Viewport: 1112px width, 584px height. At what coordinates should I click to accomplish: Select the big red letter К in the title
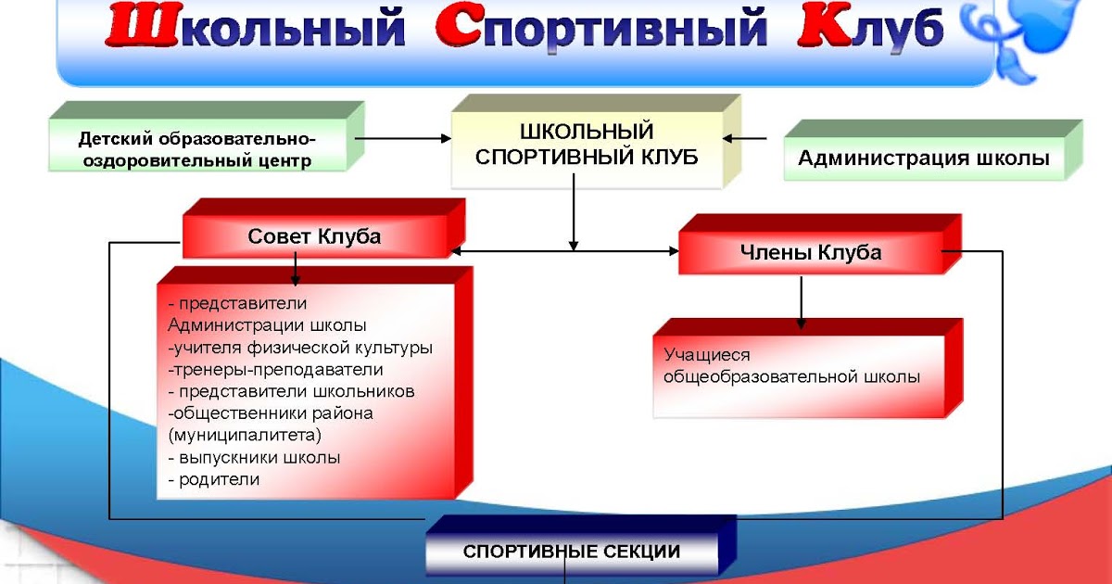(825, 26)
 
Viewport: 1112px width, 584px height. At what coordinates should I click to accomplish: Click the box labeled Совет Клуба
(323, 228)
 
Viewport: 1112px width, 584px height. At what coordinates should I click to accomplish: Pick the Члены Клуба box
(820, 245)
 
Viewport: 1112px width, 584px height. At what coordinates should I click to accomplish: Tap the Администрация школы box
(933, 150)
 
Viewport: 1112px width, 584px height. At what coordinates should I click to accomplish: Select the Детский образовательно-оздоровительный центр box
(206, 136)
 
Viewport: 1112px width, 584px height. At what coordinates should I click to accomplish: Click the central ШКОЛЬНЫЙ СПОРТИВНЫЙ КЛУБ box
(596, 142)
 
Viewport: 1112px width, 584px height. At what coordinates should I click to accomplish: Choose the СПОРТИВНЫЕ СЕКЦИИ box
(581, 545)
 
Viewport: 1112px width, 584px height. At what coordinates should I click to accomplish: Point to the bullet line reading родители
(214, 480)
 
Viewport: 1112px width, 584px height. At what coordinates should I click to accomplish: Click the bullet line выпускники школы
(254, 457)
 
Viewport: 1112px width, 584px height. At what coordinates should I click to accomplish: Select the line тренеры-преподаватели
(275, 370)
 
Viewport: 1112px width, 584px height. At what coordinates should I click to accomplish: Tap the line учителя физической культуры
(300, 348)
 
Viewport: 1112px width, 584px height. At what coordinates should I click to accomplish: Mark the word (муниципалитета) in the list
(245, 436)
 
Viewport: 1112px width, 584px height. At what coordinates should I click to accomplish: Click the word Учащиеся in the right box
(707, 355)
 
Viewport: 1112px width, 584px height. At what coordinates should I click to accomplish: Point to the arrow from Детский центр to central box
(402, 138)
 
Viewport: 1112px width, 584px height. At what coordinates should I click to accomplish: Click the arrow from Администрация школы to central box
(744, 138)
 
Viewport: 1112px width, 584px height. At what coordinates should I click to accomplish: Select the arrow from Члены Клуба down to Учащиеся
(801, 302)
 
